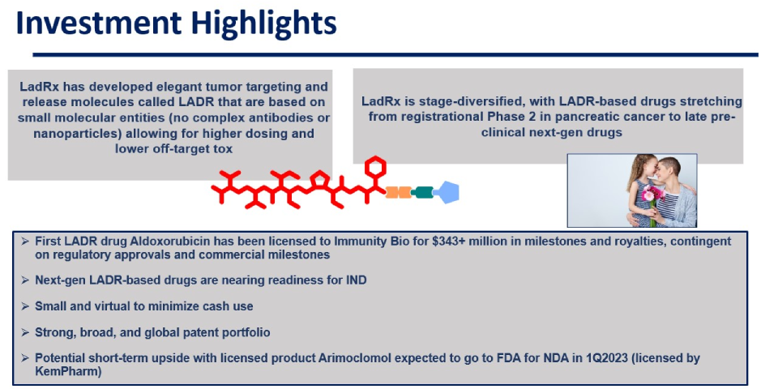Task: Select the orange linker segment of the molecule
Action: coord(399,192)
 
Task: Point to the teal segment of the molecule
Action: coord(422,192)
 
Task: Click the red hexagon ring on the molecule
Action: coord(375,166)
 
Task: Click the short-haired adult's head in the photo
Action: coord(666,169)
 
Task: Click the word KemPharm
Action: coord(68,371)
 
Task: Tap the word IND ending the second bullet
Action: coord(355,280)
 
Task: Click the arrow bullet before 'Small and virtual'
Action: coord(25,306)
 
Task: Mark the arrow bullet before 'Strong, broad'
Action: coord(25,332)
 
